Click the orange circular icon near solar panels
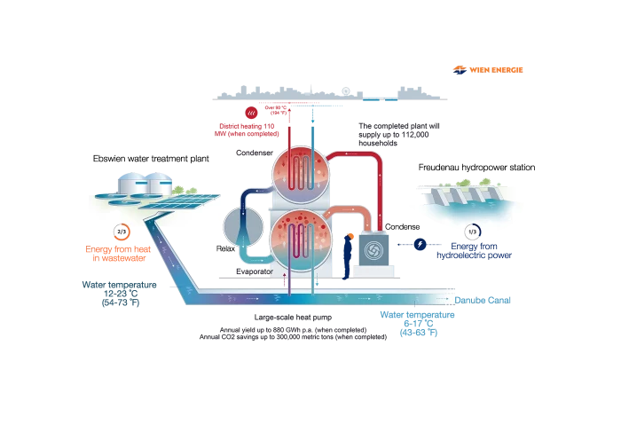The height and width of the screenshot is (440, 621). (125, 232)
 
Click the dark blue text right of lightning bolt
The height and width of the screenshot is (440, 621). (479, 251)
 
